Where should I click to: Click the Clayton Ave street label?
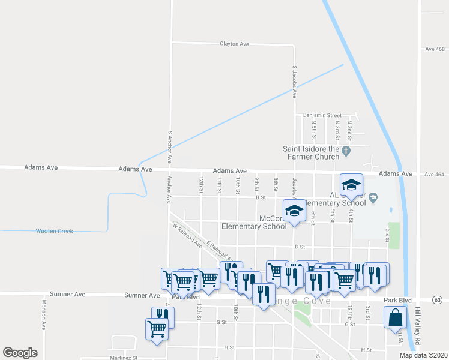point(234,44)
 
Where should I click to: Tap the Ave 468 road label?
point(434,49)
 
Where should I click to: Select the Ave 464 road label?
point(434,174)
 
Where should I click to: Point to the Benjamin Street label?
point(322,115)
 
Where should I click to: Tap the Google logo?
point(20,353)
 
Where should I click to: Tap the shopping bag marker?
point(396,318)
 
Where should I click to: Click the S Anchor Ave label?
point(170,148)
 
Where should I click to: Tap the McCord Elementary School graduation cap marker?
point(294,211)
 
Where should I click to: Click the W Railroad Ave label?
point(187,236)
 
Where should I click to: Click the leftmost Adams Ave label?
point(41,168)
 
